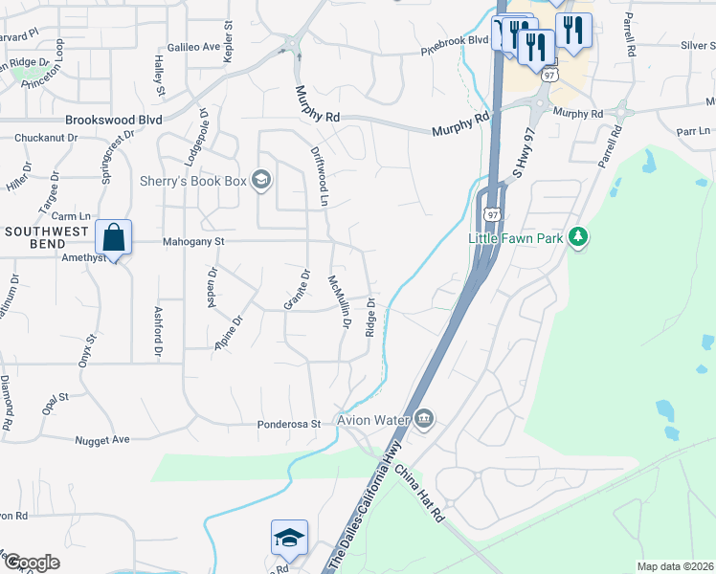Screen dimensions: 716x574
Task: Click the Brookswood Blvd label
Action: [113, 121]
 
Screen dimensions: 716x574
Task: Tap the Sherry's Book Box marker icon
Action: [261, 180]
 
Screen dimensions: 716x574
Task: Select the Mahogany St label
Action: [192, 243]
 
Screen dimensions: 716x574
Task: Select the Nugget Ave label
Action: [102, 439]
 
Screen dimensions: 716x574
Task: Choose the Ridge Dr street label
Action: [369, 318]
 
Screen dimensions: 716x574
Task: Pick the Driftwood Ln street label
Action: [321, 177]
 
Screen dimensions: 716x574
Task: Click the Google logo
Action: [32, 563]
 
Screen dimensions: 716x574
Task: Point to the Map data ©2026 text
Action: [675, 566]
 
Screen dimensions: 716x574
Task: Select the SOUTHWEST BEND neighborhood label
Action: [47, 232]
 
